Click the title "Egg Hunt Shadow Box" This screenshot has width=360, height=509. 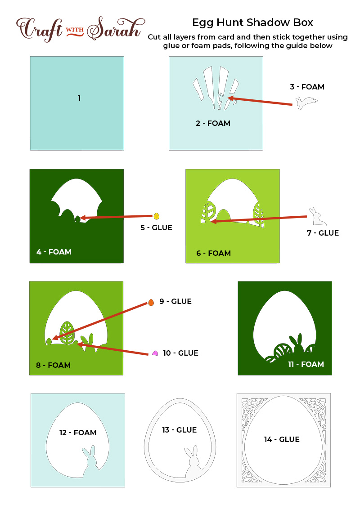[252, 22]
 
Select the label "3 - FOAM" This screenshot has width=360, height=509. [307, 87]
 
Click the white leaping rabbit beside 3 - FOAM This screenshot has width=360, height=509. [306, 102]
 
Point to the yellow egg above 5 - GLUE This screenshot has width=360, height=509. [156, 216]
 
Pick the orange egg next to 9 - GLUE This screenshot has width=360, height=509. [151, 303]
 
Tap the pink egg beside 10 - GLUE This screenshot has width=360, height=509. [155, 353]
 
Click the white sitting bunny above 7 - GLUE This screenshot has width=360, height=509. [317, 217]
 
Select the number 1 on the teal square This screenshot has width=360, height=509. [79, 98]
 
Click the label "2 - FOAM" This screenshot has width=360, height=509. [213, 123]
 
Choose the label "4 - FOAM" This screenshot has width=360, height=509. [54, 252]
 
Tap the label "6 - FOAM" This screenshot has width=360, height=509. [213, 253]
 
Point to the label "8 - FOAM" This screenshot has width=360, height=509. [53, 365]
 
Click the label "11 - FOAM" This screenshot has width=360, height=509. [306, 364]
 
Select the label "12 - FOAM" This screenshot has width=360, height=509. [78, 433]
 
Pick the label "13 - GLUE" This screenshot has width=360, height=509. [180, 430]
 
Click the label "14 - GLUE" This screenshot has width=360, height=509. [282, 440]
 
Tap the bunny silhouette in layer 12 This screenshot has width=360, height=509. [90, 463]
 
